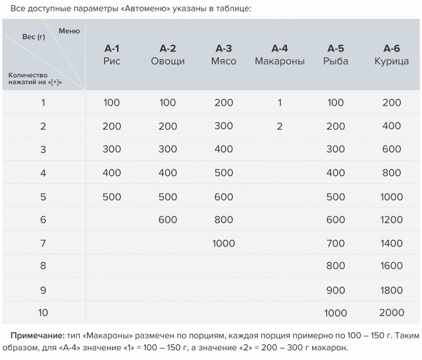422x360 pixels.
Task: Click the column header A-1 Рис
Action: pos(112,55)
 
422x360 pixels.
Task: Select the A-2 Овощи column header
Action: pos(167,55)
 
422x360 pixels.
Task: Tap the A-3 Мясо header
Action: pos(223,55)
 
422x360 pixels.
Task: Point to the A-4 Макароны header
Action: pos(280,55)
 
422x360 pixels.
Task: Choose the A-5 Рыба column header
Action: pos(336,55)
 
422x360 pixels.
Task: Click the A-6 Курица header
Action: pos(391,55)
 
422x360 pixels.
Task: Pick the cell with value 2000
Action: pos(391,313)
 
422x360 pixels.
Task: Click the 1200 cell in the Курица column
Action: pos(391,220)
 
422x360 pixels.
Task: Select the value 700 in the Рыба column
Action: pos(336,243)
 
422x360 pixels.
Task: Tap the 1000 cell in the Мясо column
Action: pos(223,243)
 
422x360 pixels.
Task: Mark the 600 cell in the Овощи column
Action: pos(167,220)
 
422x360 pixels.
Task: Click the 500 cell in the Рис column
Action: pos(112,196)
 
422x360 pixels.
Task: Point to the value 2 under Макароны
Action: pos(280,126)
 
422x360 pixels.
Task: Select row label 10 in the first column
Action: pos(43,313)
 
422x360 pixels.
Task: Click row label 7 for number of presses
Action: pos(43,243)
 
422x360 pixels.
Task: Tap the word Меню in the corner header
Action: pos(69,31)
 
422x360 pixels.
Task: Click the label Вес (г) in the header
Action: pos(34,37)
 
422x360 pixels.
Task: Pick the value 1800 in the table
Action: pos(391,290)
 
